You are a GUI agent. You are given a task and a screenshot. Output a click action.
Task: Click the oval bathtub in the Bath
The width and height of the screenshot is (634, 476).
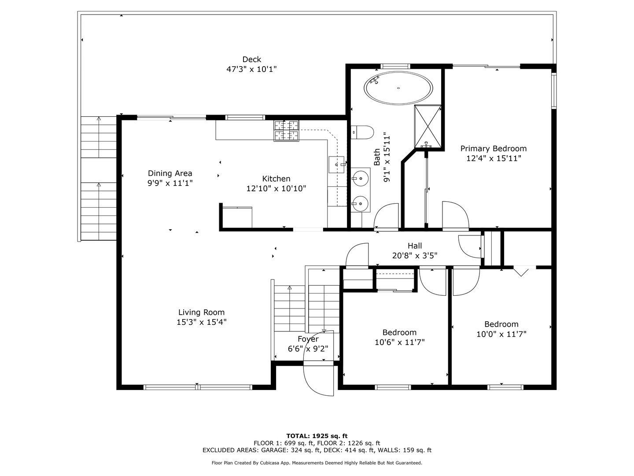coord(398,88)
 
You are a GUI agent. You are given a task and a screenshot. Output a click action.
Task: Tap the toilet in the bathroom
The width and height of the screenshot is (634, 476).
coord(362,132)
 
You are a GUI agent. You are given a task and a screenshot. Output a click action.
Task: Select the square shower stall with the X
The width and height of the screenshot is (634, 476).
coord(428,126)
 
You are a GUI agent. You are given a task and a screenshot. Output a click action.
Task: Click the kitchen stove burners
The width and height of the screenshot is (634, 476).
coord(286,131)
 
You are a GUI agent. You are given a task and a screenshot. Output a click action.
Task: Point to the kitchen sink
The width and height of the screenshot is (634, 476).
coord(336,165)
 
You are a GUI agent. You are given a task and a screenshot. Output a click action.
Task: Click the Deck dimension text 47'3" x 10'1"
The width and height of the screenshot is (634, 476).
coord(251,69)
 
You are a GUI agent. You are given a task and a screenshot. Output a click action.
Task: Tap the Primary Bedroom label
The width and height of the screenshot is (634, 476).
coord(494,149)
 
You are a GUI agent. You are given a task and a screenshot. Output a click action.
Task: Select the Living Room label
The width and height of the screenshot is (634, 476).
coord(201,312)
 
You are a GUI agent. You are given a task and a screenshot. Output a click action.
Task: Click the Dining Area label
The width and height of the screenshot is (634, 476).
coord(170,173)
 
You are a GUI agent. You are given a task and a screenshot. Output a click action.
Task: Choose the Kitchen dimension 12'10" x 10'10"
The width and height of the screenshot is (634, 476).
coord(276,189)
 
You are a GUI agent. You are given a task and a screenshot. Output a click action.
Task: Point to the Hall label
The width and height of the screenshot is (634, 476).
coord(415,245)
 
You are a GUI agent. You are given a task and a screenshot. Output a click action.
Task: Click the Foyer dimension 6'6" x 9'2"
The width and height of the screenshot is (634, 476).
coord(308,349)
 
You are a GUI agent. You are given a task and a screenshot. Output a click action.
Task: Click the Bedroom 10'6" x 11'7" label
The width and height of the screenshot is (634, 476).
coord(399,332)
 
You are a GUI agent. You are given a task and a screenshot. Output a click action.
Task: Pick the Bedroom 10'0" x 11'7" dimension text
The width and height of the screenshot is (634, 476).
coord(501,334)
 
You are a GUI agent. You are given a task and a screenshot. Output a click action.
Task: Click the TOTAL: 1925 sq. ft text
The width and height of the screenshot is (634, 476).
coord(317,436)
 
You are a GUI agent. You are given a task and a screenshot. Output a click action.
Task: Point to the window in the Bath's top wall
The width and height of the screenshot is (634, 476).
coord(395,66)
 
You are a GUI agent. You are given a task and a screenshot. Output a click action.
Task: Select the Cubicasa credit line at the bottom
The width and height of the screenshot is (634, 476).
coord(317,463)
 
